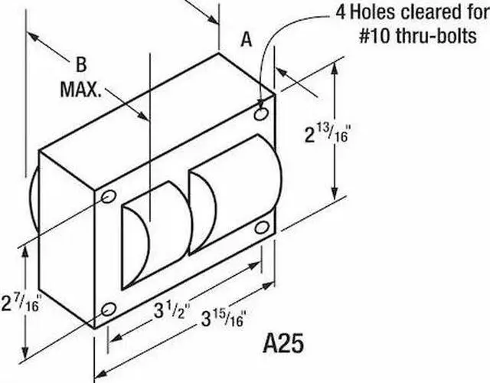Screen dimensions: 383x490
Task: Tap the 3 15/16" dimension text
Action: click(221, 318)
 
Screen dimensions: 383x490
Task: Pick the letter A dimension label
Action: click(246, 40)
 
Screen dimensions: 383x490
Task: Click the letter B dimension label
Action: click(80, 64)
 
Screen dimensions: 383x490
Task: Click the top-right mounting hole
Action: click(262, 115)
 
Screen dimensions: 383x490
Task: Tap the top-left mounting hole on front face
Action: click(108, 198)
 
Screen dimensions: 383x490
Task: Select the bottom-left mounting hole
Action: click(108, 309)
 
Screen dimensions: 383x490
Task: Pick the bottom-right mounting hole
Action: click(262, 228)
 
